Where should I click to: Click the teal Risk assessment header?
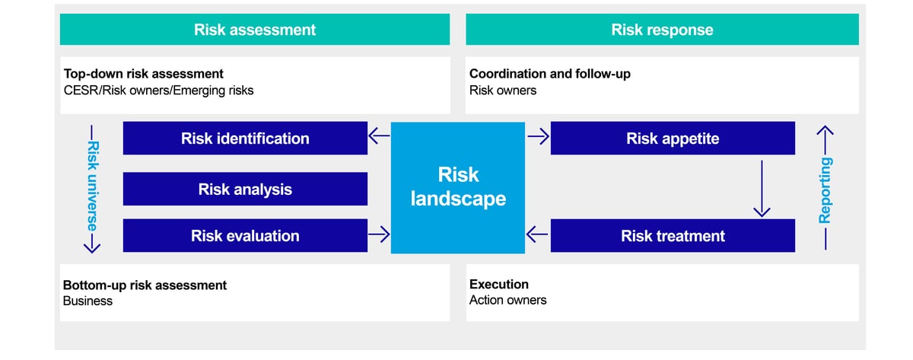point(255,30)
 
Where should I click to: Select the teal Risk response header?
point(662,30)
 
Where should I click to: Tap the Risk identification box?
point(245,139)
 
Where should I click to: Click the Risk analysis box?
point(245,189)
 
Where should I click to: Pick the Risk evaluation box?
point(245,236)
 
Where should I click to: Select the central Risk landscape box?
point(458,187)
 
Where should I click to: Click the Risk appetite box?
point(673,139)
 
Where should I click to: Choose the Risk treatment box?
point(673,236)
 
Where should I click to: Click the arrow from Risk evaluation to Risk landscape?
point(379,235)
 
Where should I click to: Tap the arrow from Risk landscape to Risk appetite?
point(538,138)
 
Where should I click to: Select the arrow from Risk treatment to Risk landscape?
point(538,235)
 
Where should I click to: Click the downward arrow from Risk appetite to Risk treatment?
point(762,187)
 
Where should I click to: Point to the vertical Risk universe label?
point(92,186)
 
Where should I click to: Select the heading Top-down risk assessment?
point(143,74)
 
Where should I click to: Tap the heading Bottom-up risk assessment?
point(145,285)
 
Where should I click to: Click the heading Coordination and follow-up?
point(549,74)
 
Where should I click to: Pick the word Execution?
point(498,285)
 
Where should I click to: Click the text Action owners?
point(507,300)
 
